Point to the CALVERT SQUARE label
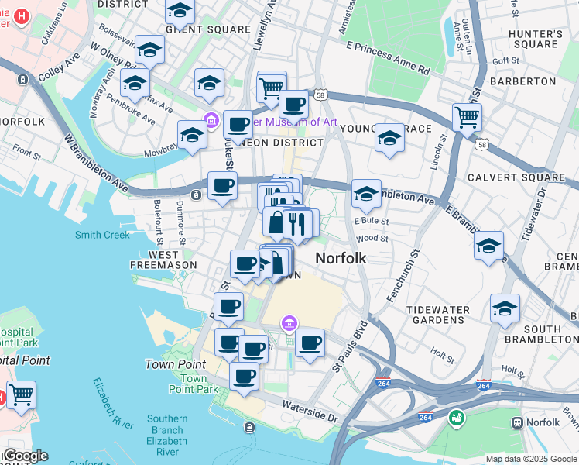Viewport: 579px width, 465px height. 516,177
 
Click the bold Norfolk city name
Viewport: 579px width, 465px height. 341,258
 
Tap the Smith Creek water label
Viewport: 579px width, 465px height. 102,235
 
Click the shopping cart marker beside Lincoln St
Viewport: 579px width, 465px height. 467,118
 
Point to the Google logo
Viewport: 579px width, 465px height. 25,456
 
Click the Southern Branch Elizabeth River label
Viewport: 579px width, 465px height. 167,436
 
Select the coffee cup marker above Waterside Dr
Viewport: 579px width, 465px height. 245,377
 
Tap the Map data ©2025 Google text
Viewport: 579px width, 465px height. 531,459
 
